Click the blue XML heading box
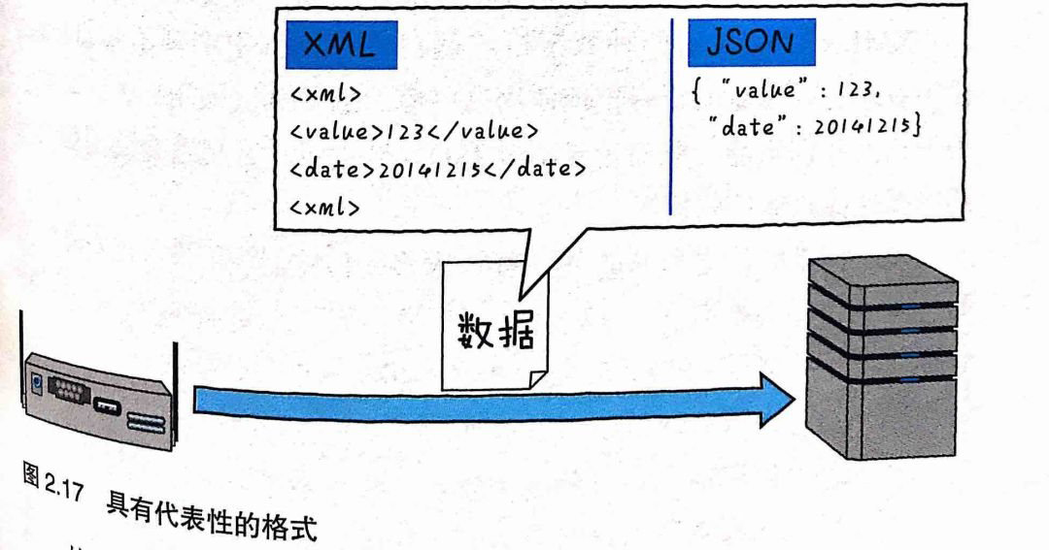click(x=341, y=45)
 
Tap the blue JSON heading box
click(x=751, y=42)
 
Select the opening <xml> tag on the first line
click(x=325, y=92)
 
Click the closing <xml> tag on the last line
click(x=324, y=207)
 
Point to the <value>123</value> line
click(x=414, y=129)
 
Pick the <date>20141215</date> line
click(x=437, y=168)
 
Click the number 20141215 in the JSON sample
click(x=862, y=125)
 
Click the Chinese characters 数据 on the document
click(x=496, y=330)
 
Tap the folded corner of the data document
click(x=538, y=380)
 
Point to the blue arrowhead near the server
click(x=777, y=401)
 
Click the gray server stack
click(x=882, y=358)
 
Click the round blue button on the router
click(x=37, y=383)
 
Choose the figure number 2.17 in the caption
click(x=63, y=487)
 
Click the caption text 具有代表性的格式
click(x=211, y=519)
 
